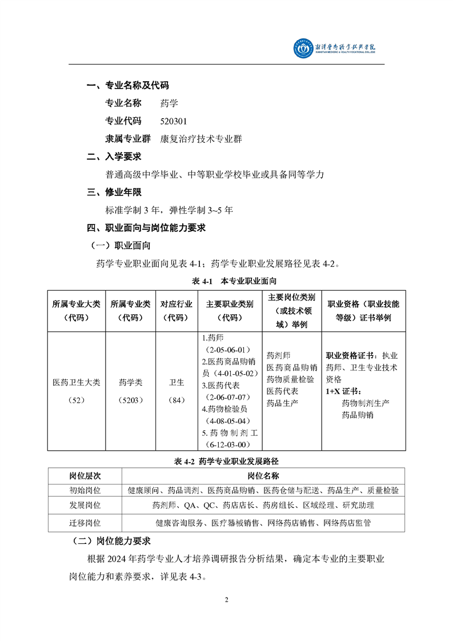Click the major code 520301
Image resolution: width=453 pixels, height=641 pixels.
point(174,121)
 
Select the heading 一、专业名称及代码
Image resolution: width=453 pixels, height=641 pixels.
point(127,86)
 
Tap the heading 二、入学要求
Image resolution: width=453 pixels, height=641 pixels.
point(114,156)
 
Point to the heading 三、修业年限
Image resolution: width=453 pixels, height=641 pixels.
point(114,192)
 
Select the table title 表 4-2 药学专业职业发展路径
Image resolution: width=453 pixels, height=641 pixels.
point(226,460)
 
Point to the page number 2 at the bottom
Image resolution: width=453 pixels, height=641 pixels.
point(227,600)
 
